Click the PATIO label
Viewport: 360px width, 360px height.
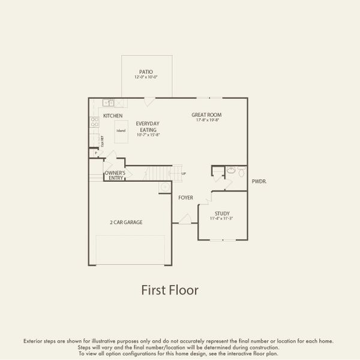146,72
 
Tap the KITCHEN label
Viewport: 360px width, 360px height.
113,116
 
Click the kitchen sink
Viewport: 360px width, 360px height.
109,103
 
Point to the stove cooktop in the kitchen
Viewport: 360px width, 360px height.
94,122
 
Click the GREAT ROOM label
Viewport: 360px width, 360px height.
206,115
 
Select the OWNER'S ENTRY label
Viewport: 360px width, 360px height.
115,176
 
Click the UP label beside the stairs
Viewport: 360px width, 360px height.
184,174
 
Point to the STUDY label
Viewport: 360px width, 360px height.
223,214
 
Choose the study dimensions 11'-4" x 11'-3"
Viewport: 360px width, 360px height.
223,219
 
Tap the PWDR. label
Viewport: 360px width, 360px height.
259,181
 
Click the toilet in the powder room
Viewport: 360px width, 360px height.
240,173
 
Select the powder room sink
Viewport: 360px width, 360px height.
230,171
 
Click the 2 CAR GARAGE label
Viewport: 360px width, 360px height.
126,222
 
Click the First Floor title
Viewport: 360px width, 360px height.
170,290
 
